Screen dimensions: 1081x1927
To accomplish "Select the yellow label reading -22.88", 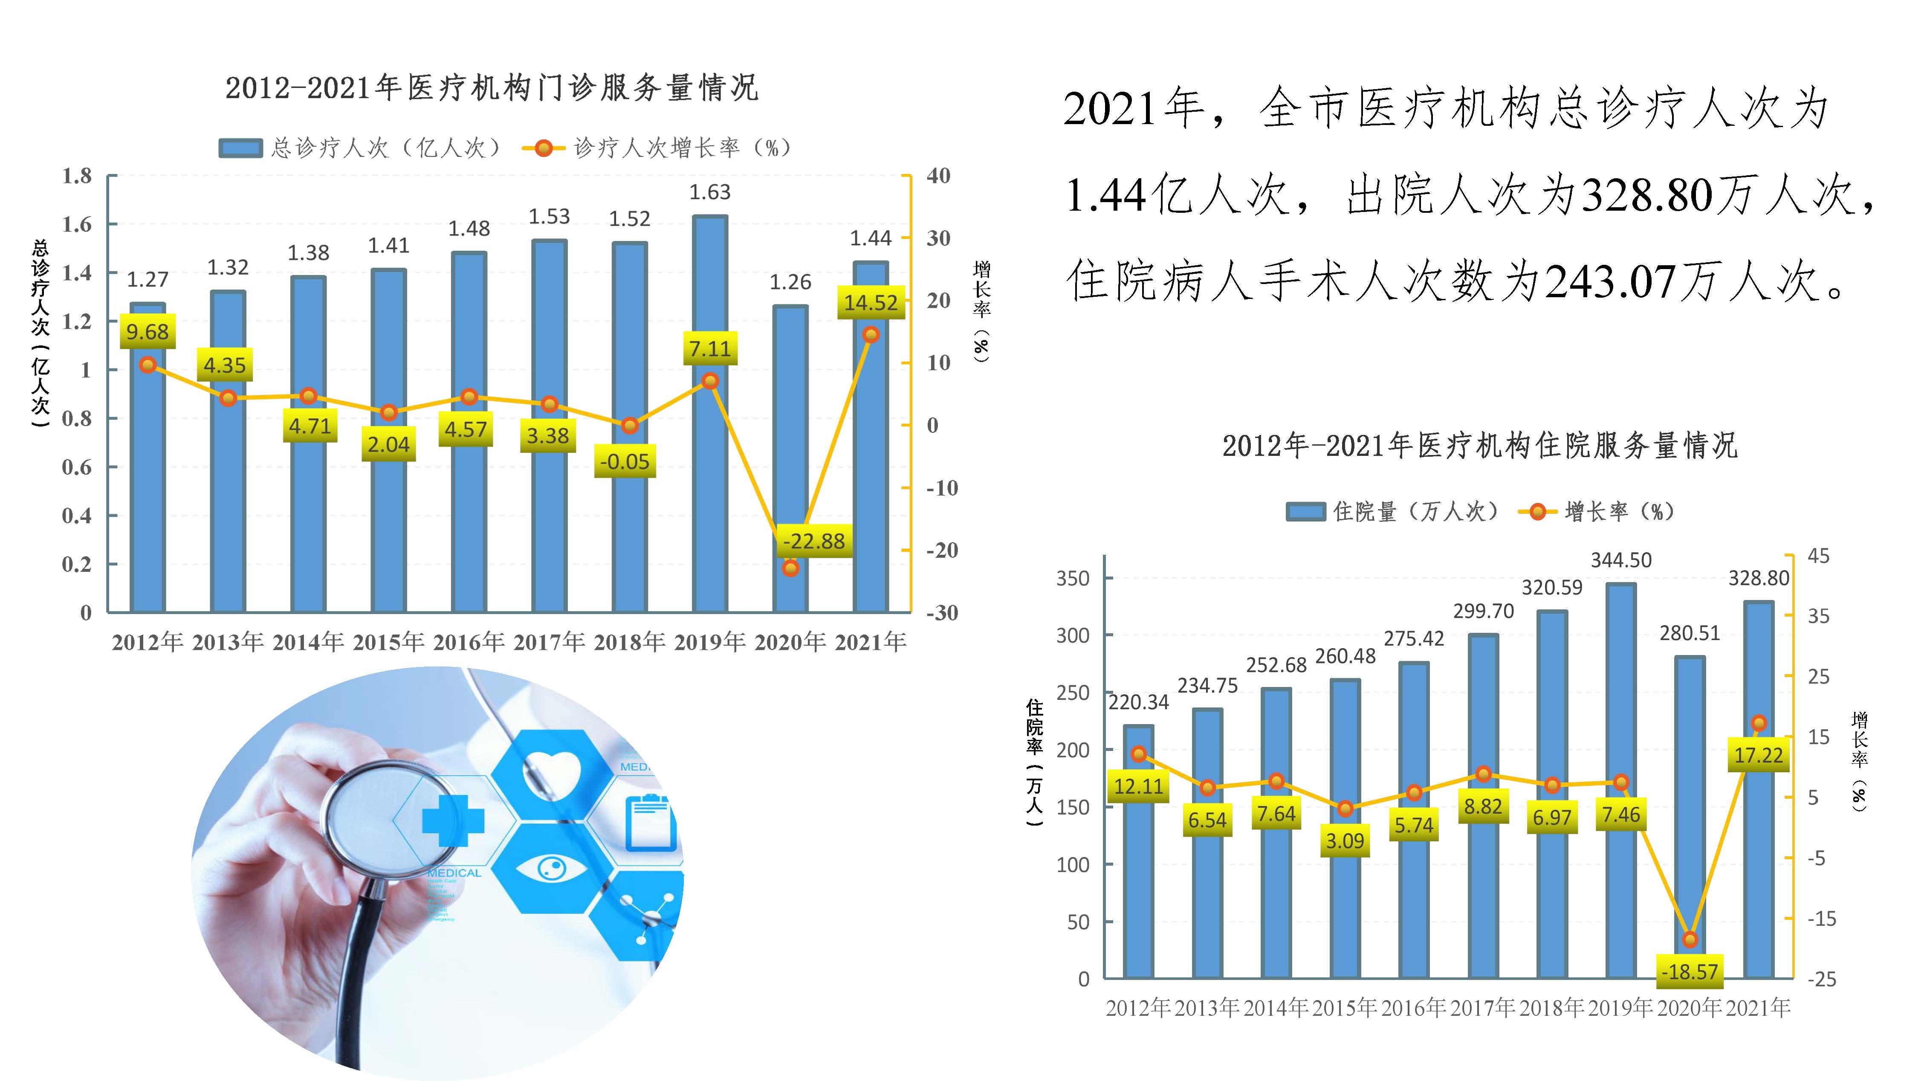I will coord(813,541).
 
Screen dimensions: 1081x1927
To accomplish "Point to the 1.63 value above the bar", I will coord(709,192).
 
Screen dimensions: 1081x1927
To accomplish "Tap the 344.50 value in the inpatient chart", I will coord(1620,560).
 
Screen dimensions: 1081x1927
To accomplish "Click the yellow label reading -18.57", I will coord(1689,972).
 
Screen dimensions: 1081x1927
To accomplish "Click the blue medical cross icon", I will coord(453,820).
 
